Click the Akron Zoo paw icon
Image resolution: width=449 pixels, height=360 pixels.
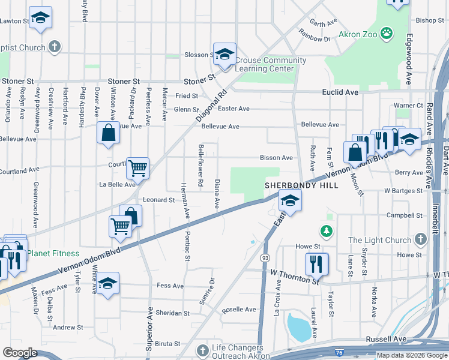click(387, 34)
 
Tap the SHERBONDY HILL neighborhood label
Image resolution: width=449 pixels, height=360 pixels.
click(302, 185)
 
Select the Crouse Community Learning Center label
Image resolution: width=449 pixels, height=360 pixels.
click(270, 64)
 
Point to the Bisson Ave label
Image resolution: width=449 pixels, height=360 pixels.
click(276, 158)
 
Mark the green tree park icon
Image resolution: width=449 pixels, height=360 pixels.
click(326, 230)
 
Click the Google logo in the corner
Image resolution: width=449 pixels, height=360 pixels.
click(20, 353)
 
